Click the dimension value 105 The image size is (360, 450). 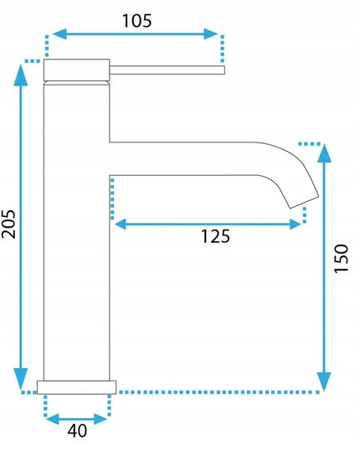(x=136, y=21)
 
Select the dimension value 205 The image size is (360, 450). (x=8, y=224)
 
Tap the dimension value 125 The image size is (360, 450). (x=215, y=236)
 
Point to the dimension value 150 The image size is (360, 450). (x=341, y=259)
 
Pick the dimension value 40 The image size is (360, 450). (x=77, y=431)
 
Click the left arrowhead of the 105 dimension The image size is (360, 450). (x=59, y=34)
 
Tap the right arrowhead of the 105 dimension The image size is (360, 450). (x=211, y=34)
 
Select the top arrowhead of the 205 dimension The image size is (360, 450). (x=21, y=75)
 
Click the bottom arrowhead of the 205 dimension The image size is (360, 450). (x=21, y=379)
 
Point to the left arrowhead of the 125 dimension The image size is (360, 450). (x=121, y=224)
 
